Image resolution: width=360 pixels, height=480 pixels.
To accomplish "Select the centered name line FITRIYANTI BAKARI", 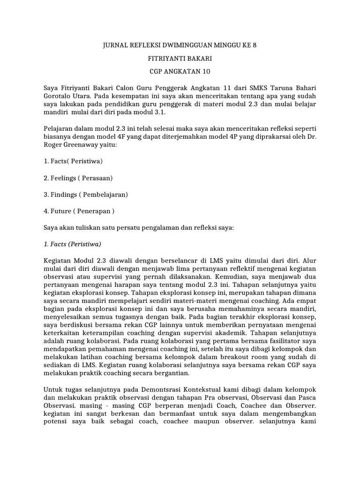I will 180,59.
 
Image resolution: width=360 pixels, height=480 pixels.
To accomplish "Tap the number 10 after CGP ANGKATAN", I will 206,72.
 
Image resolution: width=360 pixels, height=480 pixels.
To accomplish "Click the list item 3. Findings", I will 86,194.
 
